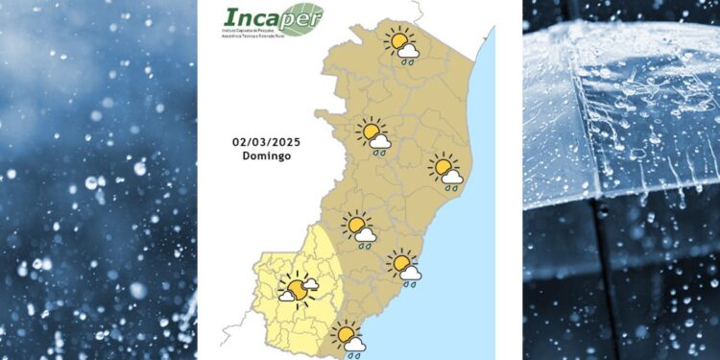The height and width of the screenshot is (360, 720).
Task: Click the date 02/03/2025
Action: [266, 142]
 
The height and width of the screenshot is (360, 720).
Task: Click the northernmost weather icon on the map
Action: [401, 45]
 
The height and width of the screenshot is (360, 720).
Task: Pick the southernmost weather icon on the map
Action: [348, 338]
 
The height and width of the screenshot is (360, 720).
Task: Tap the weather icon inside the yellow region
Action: [299, 287]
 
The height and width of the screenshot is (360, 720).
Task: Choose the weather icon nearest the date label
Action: [374, 135]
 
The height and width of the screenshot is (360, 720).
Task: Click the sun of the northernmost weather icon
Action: [396, 41]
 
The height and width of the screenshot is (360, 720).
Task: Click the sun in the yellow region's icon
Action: [299, 287]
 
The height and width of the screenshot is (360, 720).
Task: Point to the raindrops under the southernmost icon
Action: [354, 354]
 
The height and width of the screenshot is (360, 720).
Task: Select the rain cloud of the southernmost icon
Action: [354, 344]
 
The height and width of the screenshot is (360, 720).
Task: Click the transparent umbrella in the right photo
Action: [624, 106]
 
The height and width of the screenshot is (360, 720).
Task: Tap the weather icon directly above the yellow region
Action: [360, 228]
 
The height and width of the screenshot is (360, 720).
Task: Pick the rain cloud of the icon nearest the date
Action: [380, 142]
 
